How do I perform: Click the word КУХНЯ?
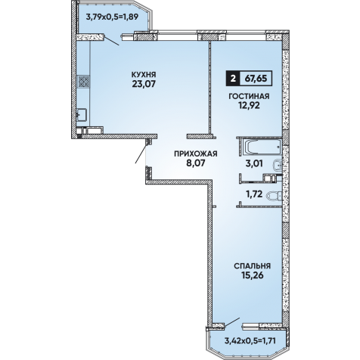pyautogui.click(x=144, y=75)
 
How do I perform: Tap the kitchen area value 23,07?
pyautogui.click(x=144, y=84)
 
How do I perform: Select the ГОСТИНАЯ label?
pyautogui.click(x=249, y=96)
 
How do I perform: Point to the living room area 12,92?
pyautogui.click(x=249, y=105)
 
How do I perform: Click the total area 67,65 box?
pyautogui.click(x=256, y=79)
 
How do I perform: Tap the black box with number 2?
pyautogui.click(x=233, y=79)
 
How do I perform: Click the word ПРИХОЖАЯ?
pyautogui.click(x=196, y=154)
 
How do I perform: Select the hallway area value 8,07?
pyautogui.click(x=196, y=163)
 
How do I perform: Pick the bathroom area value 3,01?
pyautogui.click(x=254, y=163)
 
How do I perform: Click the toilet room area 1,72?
pyautogui.click(x=254, y=194)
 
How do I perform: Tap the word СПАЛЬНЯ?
pyautogui.click(x=252, y=266)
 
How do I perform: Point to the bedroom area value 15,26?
pyautogui.click(x=252, y=275)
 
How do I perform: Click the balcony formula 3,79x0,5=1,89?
pyautogui.click(x=112, y=17)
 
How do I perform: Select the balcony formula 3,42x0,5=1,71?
pyautogui.click(x=250, y=341)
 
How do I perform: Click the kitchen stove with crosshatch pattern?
pyautogui.click(x=84, y=82)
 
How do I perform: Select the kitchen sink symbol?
pyautogui.click(x=82, y=115)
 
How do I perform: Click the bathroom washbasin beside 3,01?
pyautogui.click(x=278, y=165)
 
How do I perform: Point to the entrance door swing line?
pyautogui.click(x=141, y=154)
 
